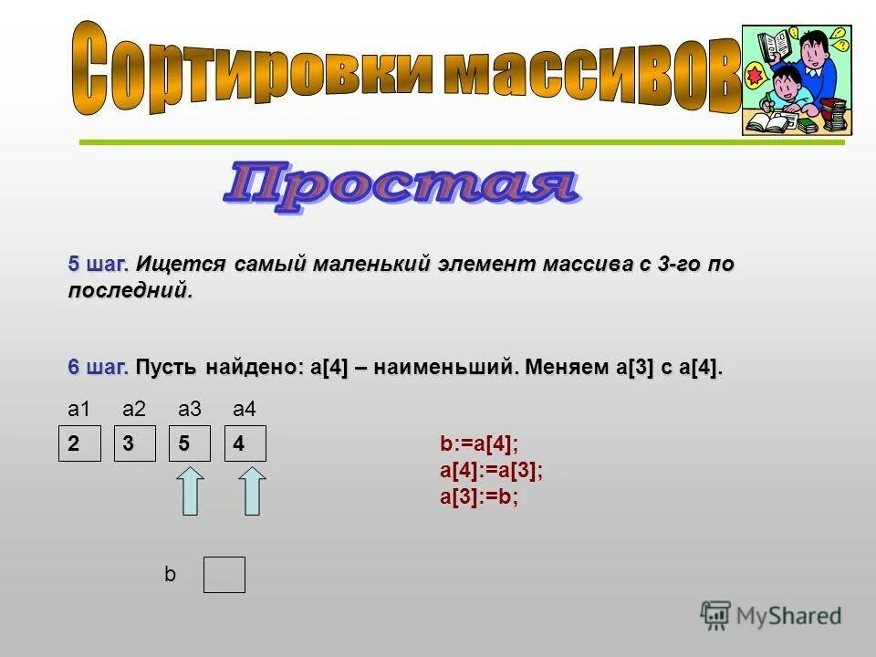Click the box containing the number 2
point(79,443)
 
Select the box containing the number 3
point(134,443)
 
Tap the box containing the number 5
point(190,443)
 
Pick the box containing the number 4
point(245,443)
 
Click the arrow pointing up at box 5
point(190,491)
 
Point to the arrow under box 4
point(253,491)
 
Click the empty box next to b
point(224,575)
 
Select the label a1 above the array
point(79,408)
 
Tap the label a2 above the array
point(134,408)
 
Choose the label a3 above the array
point(190,408)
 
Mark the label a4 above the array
point(245,408)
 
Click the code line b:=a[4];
point(479,444)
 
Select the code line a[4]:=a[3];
point(491,471)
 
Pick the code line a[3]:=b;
point(479,497)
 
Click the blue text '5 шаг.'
point(98,265)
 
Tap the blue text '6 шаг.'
point(98,368)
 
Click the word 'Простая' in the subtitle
point(401,187)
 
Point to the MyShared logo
point(771,614)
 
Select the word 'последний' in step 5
point(130,291)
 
